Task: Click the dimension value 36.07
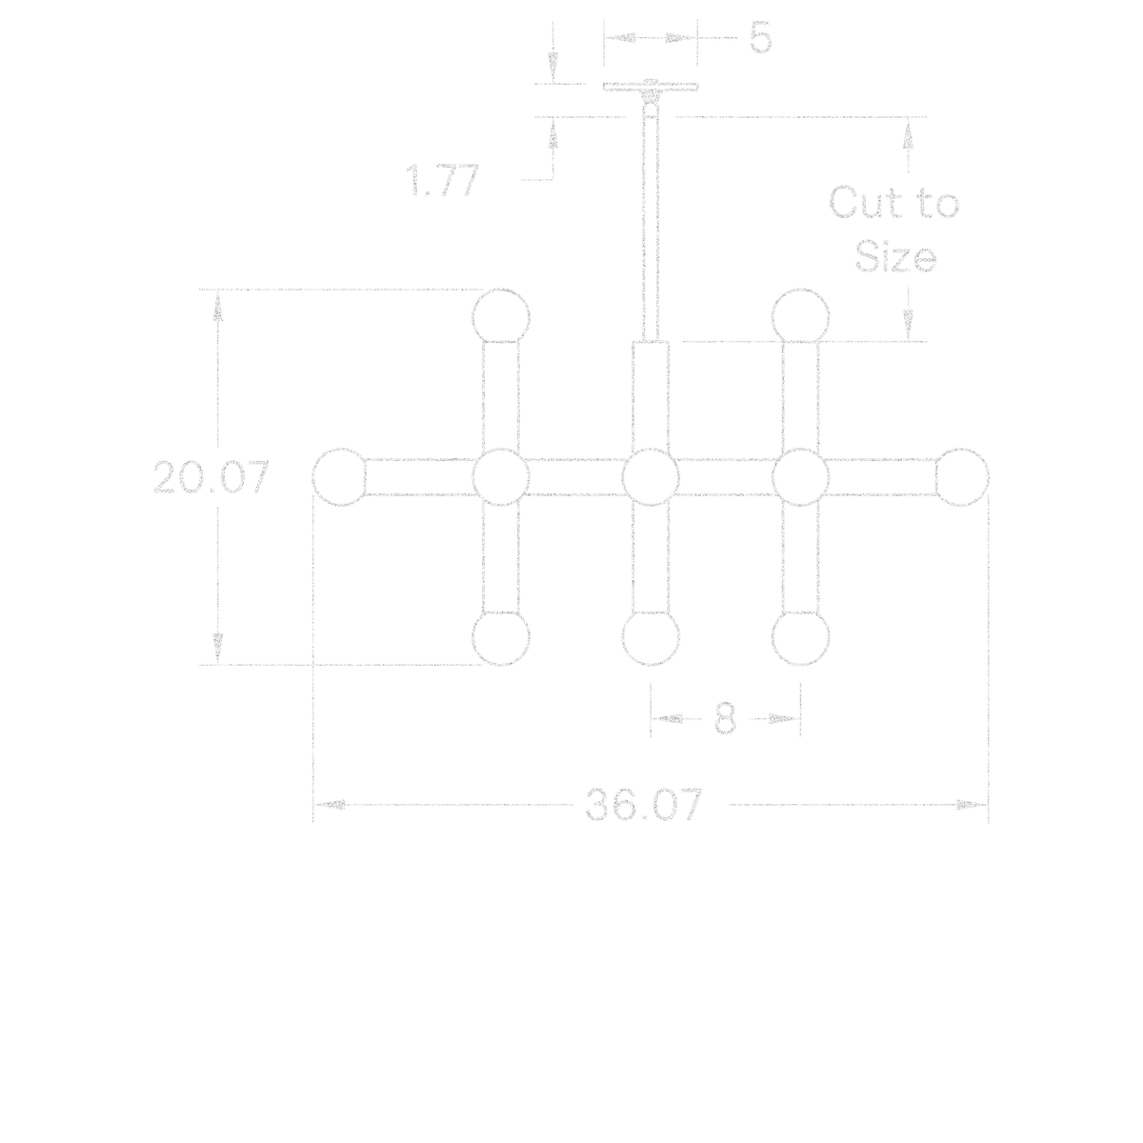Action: point(644,804)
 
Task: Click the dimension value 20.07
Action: point(211,477)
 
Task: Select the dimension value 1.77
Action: point(442,180)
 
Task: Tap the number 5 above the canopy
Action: point(761,38)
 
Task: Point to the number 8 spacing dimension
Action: point(725,718)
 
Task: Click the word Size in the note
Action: point(895,257)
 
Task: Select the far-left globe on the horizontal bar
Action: point(339,477)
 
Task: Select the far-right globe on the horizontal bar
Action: point(962,477)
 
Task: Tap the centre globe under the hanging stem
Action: point(651,477)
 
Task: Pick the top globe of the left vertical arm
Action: point(501,316)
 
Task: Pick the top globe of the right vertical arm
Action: point(801,316)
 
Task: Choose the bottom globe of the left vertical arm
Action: point(501,638)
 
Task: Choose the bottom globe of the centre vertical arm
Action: point(651,638)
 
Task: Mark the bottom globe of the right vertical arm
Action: point(801,638)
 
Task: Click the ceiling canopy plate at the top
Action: point(651,88)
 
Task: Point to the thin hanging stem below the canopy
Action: point(651,223)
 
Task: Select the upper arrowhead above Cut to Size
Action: point(908,132)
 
